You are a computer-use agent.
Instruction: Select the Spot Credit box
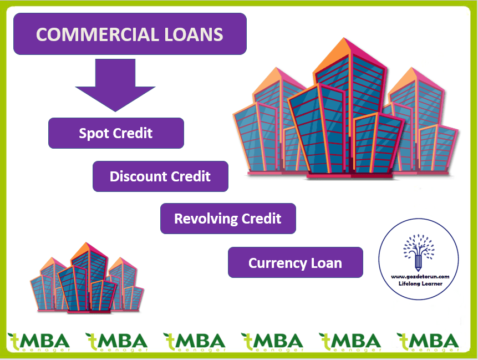[x=116, y=133]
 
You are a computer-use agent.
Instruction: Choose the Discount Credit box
[x=160, y=176]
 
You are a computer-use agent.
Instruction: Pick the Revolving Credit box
[x=228, y=218]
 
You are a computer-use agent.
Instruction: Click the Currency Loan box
[x=295, y=262]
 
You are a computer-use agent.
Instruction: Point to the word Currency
[x=274, y=263]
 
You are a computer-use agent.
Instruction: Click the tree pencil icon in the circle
[x=419, y=252]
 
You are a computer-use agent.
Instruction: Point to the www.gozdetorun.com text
[x=419, y=276]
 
